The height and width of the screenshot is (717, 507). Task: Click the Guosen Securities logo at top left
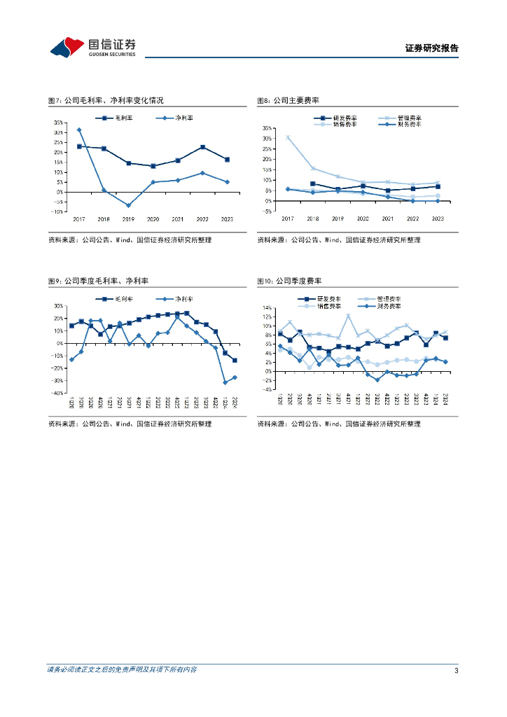[x=92, y=46]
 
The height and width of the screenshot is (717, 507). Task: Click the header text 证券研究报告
[x=431, y=48]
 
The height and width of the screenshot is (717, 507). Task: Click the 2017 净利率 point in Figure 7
[x=79, y=130]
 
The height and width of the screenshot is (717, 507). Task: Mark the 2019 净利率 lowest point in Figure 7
[x=129, y=205]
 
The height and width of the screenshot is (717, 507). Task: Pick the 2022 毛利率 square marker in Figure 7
[x=202, y=147]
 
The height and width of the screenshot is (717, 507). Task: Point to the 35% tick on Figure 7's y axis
[x=60, y=122]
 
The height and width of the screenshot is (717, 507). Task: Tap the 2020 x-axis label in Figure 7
[x=153, y=219]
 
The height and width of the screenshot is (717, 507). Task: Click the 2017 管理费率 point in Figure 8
[x=287, y=137]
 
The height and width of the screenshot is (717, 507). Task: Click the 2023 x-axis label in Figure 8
[x=438, y=219]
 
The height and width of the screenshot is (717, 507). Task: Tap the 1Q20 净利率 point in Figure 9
[x=71, y=359]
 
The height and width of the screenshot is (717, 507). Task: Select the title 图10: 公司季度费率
[x=289, y=281]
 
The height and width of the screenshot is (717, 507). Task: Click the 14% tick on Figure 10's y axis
[x=268, y=307]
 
